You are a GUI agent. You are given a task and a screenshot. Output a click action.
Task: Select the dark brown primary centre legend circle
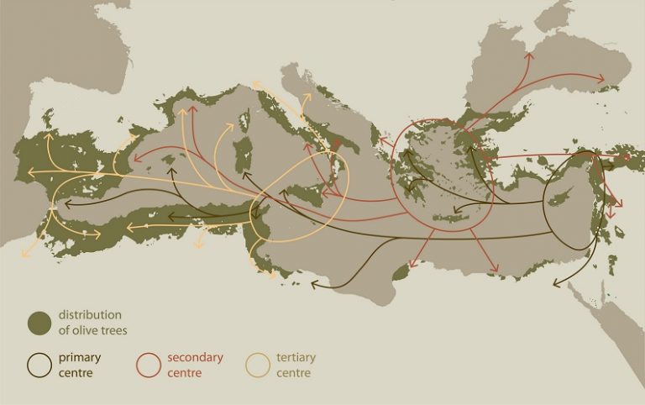coord(39,365)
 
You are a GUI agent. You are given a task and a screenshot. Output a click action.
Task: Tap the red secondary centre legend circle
coord(148,365)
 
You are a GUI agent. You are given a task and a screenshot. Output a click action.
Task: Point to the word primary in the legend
coord(80,358)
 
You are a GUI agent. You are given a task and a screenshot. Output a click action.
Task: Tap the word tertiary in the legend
coord(296,358)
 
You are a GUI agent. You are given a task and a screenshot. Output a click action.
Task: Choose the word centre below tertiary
coord(293,372)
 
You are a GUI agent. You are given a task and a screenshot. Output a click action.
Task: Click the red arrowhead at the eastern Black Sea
coord(603,80)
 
